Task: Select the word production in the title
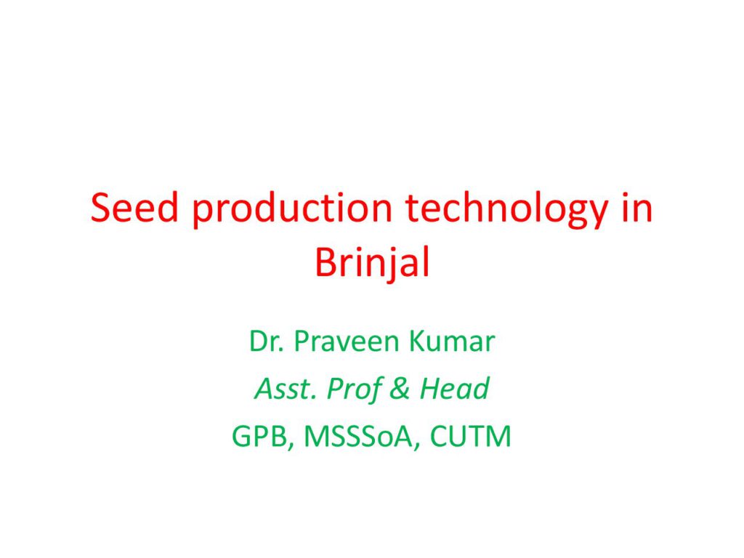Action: pos(292,211)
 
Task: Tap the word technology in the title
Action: pos(506,211)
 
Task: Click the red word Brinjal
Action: pos(373,264)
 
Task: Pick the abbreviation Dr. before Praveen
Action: pos(266,341)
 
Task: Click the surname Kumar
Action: pos(452,341)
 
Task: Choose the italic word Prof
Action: pos(354,390)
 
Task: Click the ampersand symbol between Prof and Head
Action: pos(400,388)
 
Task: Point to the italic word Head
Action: pos(454,388)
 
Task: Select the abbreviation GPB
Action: pos(259,436)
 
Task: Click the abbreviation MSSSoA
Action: pos(357,436)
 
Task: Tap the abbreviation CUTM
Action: pos(471,436)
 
